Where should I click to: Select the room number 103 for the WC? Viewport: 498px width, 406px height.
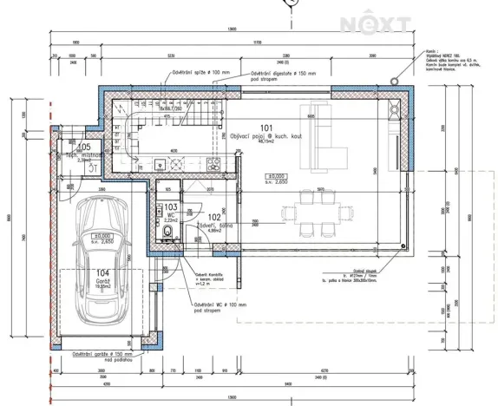click(x=171, y=208)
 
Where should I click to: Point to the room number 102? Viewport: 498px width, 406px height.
click(x=214, y=218)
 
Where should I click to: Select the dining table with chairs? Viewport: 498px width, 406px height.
click(x=310, y=211)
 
